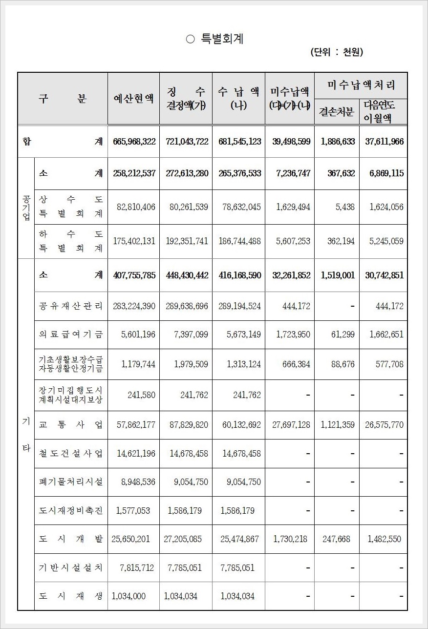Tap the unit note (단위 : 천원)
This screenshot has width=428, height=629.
(337, 52)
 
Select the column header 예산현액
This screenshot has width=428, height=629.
(133, 98)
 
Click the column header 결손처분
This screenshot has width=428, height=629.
(337, 111)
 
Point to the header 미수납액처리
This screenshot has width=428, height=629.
(361, 85)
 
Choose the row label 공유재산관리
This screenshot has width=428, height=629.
(71, 306)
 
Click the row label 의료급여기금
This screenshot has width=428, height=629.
(71, 335)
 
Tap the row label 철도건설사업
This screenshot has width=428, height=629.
(71, 453)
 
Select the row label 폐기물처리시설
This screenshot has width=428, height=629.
(71, 482)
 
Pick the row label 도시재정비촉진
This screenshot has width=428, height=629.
(71, 511)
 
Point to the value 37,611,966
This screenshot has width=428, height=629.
(384, 142)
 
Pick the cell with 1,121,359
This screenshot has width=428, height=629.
(338, 424)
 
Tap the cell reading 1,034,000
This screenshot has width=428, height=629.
(129, 596)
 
